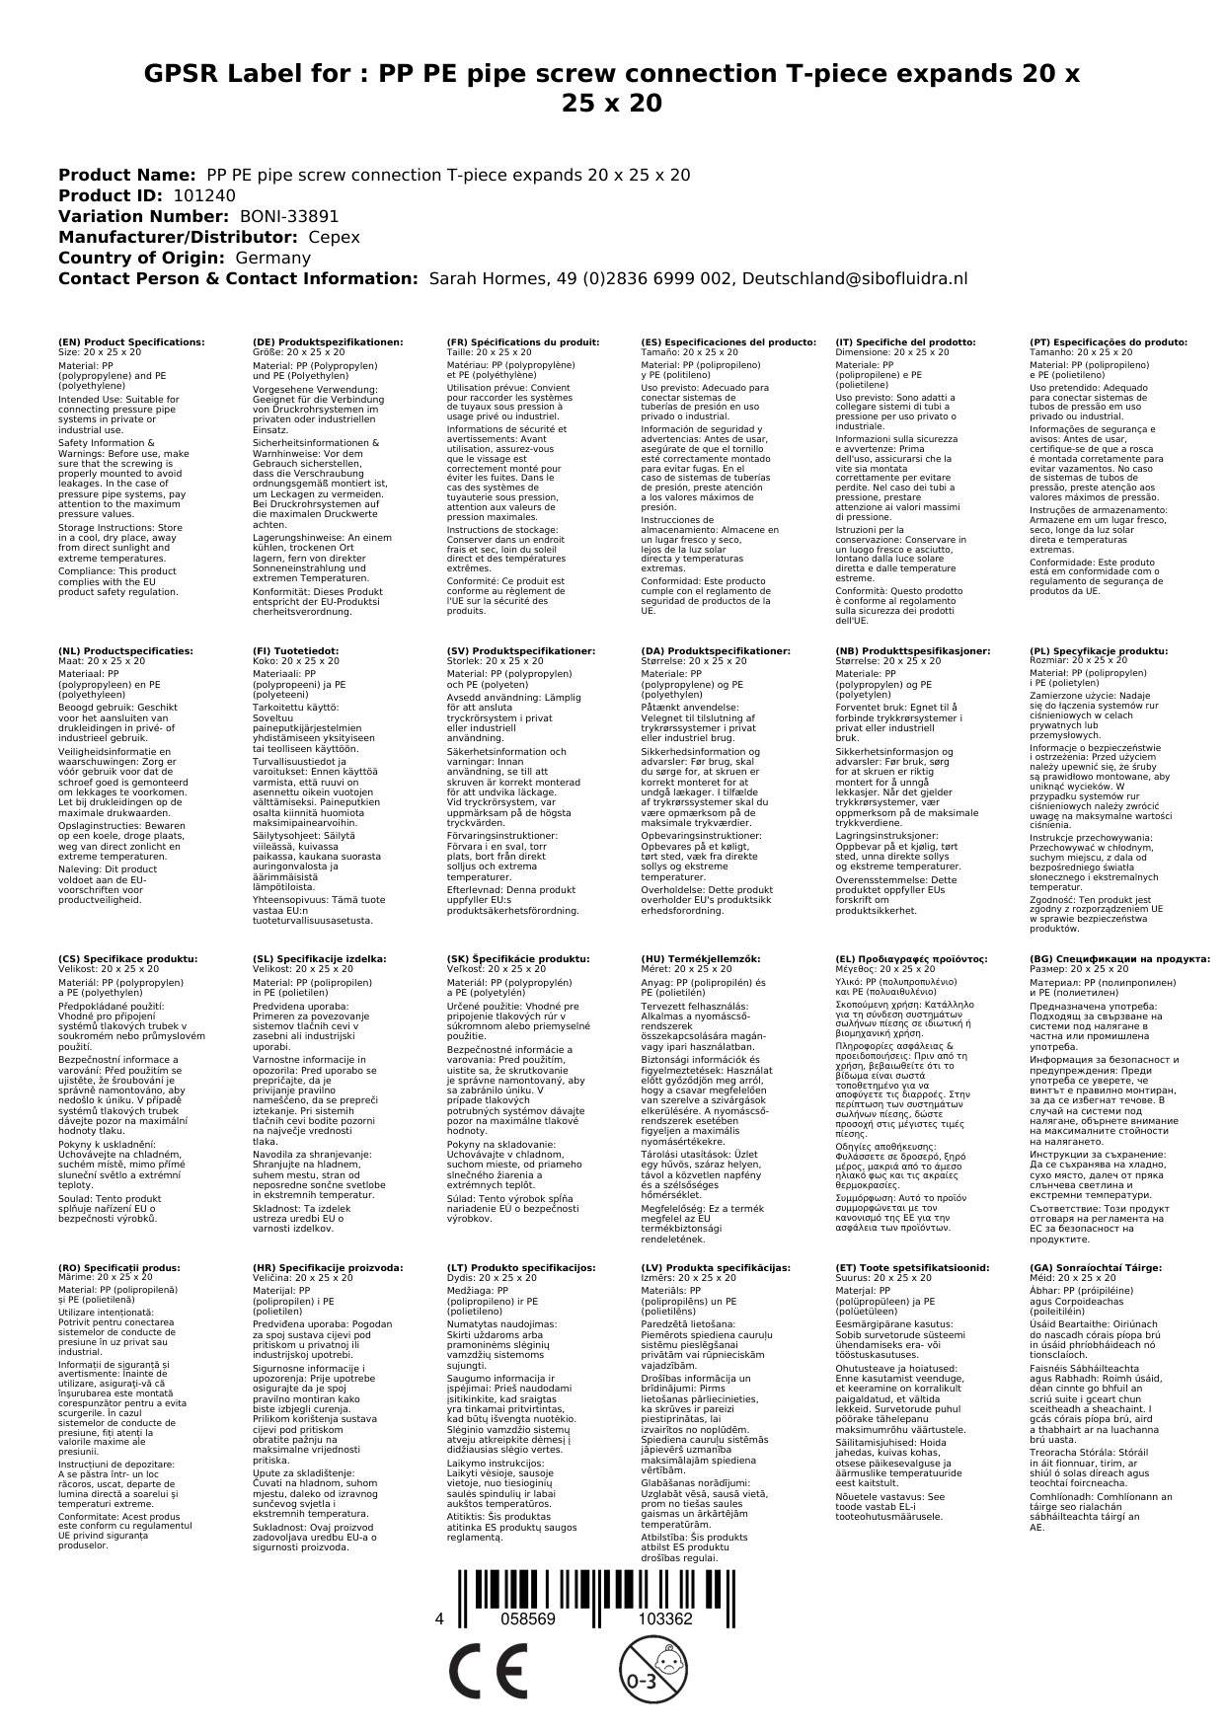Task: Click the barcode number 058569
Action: click(x=528, y=1618)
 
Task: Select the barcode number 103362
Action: click(x=664, y=1618)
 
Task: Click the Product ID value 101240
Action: click(x=204, y=195)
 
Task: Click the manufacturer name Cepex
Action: click(x=334, y=237)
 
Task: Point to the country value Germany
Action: click(x=272, y=258)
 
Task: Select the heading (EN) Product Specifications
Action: click(x=131, y=342)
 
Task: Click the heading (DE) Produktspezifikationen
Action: click(x=328, y=342)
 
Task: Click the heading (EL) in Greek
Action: click(x=910, y=958)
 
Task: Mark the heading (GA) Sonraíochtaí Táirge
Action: click(x=1081, y=1267)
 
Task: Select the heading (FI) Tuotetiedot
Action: click(x=295, y=651)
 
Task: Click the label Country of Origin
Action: click(x=142, y=258)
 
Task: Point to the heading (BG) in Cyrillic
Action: click(x=1118, y=958)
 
